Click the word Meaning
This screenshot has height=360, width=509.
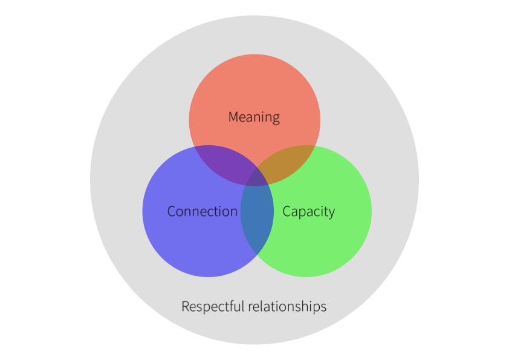tap(254, 117)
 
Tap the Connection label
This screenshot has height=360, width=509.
tap(202, 212)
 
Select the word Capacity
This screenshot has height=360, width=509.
tap(308, 212)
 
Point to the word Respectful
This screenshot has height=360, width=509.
tap(213, 307)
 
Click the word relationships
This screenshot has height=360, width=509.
tap(288, 307)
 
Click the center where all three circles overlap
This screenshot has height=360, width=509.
tap(257, 179)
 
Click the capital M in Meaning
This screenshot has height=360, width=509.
tap(233, 117)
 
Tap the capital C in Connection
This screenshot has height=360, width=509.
tap(172, 212)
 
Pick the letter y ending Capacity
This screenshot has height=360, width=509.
tap(331, 214)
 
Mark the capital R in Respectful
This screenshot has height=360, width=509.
tap(185, 307)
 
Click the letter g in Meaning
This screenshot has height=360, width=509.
tap(276, 119)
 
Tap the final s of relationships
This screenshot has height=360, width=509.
tap(324, 307)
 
